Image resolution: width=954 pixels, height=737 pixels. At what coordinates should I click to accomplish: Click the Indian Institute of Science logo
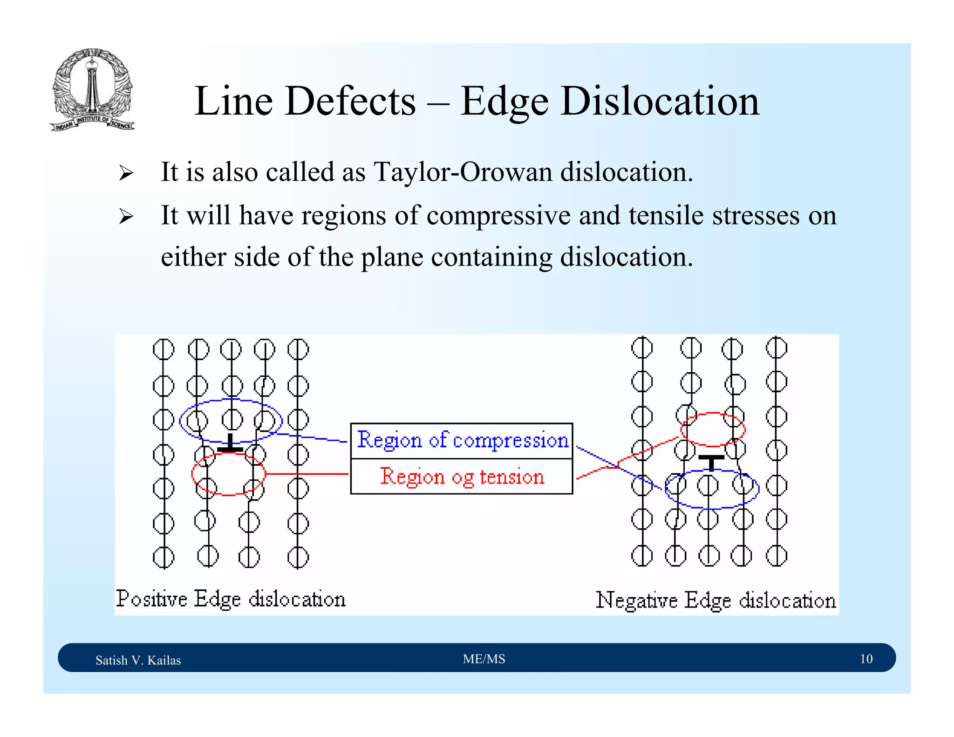92,89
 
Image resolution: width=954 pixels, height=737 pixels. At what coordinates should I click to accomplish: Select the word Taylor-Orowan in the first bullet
463,172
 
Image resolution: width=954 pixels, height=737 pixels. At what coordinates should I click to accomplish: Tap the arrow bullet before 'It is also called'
126,173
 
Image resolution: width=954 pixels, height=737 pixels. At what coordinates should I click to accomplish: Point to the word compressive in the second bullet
498,216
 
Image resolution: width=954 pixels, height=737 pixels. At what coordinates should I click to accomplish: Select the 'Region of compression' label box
462,440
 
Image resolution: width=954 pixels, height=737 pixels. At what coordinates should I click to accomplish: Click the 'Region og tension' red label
462,477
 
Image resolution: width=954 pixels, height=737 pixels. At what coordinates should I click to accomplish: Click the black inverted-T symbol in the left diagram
230,444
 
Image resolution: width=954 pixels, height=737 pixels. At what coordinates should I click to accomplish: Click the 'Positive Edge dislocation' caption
231,599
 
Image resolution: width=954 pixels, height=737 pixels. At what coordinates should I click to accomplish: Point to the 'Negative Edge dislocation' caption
715,601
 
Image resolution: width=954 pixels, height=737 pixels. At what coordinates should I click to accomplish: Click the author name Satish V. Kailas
138,660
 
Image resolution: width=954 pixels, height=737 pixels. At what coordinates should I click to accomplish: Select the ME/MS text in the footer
484,659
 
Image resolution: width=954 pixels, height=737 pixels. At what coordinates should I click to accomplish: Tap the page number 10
865,659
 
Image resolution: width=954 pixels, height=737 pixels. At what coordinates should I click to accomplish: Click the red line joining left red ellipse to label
307,474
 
